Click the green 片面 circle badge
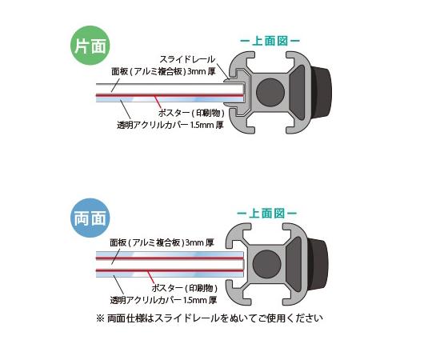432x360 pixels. pyautogui.click(x=90, y=46)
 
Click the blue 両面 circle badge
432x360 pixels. pyautogui.click(x=90, y=218)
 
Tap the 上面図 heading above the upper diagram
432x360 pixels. pyautogui.click(x=270, y=41)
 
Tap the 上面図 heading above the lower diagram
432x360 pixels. pyautogui.click(x=266, y=213)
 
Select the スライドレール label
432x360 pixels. pyautogui.click(x=187, y=59)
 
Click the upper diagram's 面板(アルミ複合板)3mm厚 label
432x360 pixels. pyautogui.click(x=163, y=72)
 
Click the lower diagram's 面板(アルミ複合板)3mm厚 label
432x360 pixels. pyautogui.click(x=162, y=242)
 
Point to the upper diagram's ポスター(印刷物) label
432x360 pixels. pyautogui.click(x=191, y=113)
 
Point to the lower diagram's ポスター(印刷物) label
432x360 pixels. pyautogui.click(x=185, y=288)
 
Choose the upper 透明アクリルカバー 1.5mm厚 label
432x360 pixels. pyautogui.click(x=170, y=125)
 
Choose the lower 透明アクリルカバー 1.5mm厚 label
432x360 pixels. pyautogui.click(x=164, y=300)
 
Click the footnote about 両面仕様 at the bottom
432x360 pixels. pyautogui.click(x=210, y=318)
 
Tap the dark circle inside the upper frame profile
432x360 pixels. pyautogui.click(x=270, y=92)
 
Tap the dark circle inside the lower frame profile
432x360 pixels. pyautogui.click(x=266, y=265)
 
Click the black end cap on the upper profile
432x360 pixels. pyautogui.click(x=322, y=92)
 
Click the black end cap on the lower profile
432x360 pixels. pyautogui.click(x=318, y=265)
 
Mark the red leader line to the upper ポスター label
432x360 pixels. pyautogui.click(x=158, y=102)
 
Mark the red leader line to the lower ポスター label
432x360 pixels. pyautogui.click(x=151, y=277)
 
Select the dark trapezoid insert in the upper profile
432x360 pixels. pyautogui.click(x=297, y=92)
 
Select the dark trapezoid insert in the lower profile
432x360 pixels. pyautogui.click(x=294, y=265)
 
